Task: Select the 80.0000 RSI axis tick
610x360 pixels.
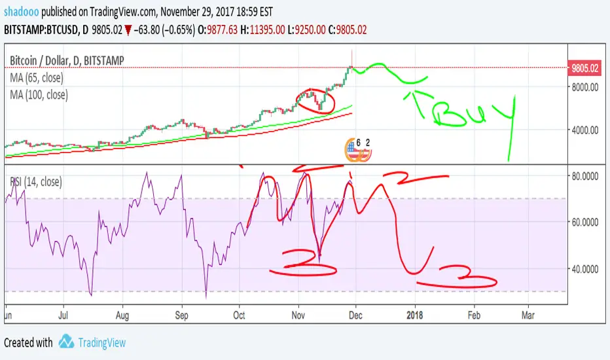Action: pos(586,176)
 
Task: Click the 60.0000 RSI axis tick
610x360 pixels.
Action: pos(586,222)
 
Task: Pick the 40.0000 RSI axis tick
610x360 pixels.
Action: pos(586,268)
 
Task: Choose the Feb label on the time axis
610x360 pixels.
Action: pos(474,315)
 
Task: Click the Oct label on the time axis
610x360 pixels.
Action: pos(240,315)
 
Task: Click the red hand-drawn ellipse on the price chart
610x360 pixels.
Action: pos(315,101)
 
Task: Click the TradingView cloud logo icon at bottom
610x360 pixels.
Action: pos(65,342)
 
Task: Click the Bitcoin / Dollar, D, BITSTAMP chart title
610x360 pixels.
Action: pos(67,60)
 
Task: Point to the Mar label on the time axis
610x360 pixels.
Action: pos(528,315)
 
